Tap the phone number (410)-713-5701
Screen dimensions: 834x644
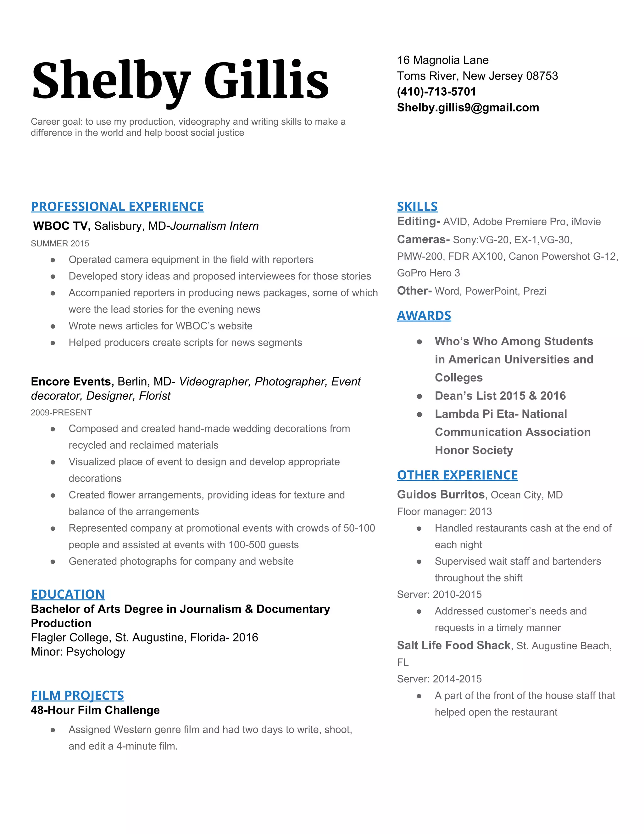tap(436, 92)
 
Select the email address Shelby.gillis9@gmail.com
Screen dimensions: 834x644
tap(468, 107)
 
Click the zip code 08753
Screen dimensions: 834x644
tap(542, 76)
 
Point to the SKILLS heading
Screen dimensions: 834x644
tap(417, 206)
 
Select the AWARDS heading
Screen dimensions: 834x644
tap(424, 315)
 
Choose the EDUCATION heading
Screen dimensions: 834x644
tap(68, 594)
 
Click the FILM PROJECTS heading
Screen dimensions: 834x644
tap(77, 695)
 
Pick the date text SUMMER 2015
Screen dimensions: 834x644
tap(60, 243)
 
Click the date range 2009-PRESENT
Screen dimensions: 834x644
tap(61, 412)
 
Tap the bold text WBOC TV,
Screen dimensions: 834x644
tap(61, 226)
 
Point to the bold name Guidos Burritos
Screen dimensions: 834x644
tap(440, 494)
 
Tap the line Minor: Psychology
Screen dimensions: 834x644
tap(78, 651)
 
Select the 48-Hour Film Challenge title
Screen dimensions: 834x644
tap(95, 710)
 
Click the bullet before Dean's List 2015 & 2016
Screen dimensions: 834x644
tap(419, 396)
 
